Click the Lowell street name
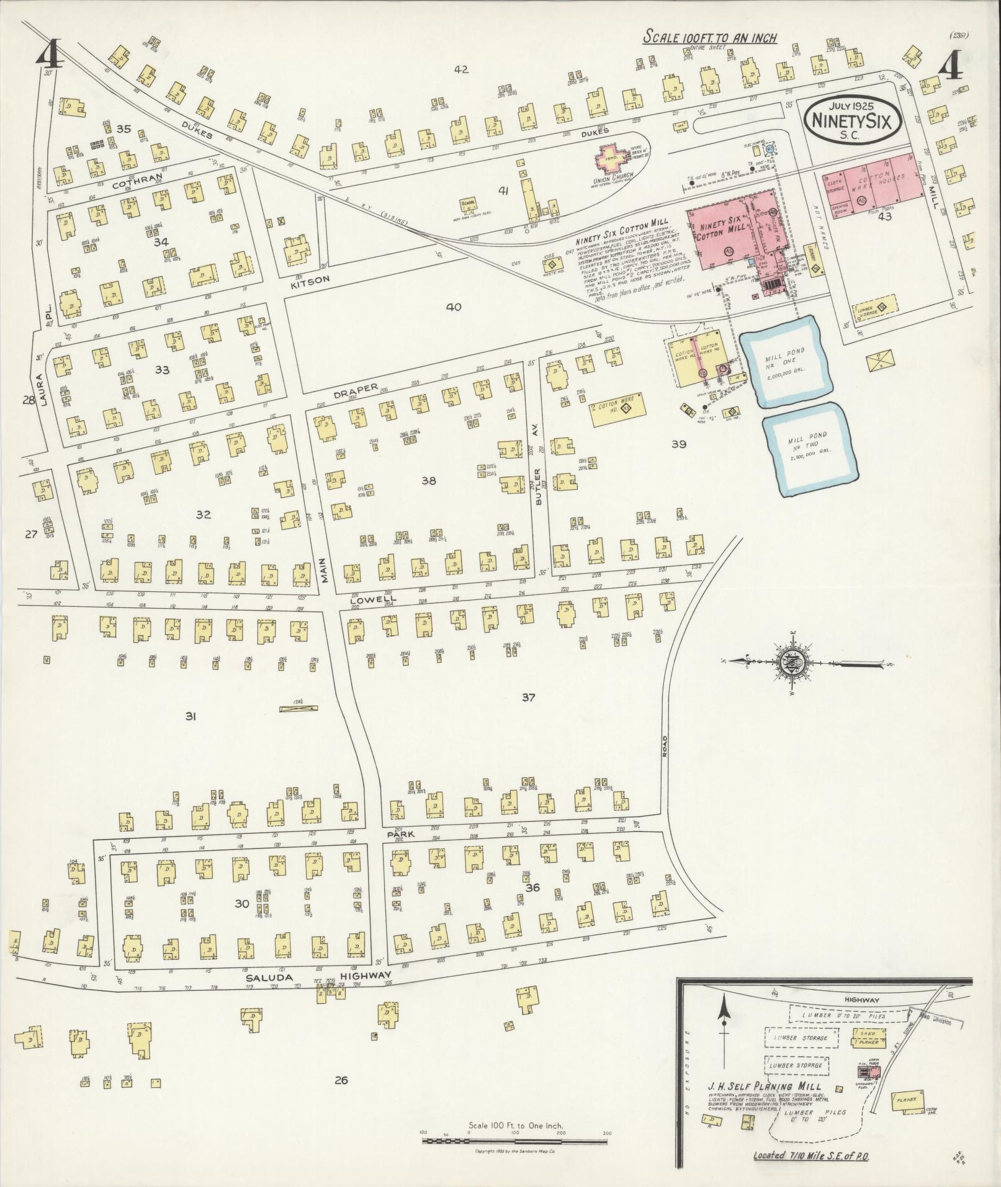click(369, 601)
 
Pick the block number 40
click(453, 307)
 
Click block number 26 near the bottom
click(340, 1080)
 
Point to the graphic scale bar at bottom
click(516, 1140)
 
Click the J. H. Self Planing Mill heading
click(765, 1086)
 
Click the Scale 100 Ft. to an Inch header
click(710, 37)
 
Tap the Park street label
click(395, 835)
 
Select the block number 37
click(528, 697)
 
